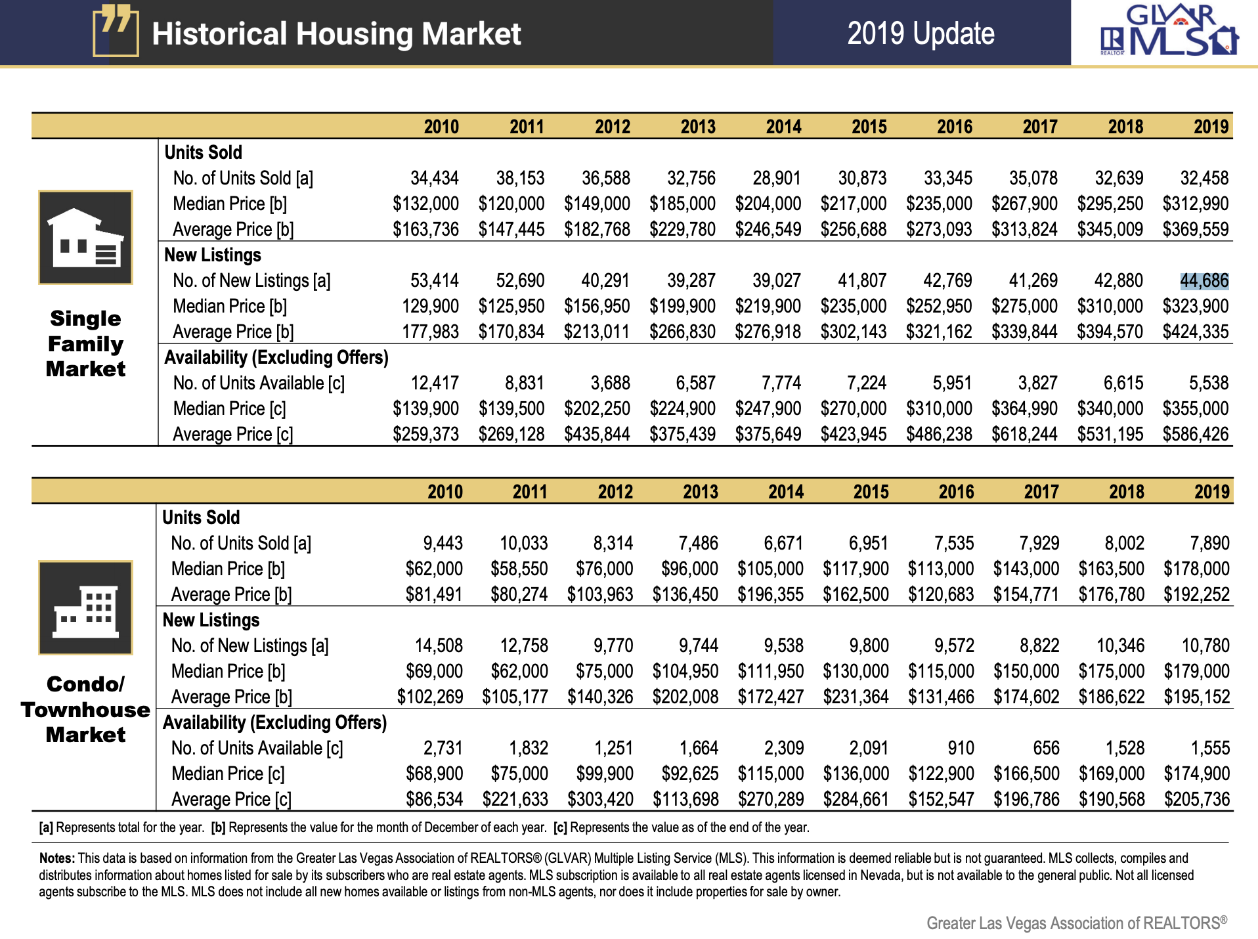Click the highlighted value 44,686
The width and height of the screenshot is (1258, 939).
point(1204,281)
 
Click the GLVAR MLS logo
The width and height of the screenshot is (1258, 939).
point(1169,32)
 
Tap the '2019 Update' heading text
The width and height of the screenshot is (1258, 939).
point(921,33)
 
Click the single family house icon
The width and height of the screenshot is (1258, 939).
point(85,238)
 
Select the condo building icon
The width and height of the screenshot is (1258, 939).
point(85,607)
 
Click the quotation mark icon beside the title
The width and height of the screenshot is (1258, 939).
point(116,30)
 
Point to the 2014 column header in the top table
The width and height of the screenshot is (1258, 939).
point(783,127)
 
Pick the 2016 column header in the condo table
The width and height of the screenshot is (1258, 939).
point(956,492)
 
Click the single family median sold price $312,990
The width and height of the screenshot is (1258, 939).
point(1195,204)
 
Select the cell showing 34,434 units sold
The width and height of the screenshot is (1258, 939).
point(434,179)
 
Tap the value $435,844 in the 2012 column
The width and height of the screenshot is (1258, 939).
point(597,435)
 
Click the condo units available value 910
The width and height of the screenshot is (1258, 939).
point(961,749)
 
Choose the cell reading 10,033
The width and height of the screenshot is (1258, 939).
point(523,544)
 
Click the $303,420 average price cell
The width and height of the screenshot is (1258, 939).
point(600,800)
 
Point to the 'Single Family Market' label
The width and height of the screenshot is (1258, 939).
point(85,343)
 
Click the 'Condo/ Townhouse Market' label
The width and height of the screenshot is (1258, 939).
point(85,709)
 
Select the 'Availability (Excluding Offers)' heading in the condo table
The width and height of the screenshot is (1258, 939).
point(274,723)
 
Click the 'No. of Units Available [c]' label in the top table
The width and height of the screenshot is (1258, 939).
point(259,383)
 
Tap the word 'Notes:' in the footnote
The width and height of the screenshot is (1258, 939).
point(57,858)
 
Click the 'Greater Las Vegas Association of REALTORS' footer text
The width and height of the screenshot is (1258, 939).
point(1076,923)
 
